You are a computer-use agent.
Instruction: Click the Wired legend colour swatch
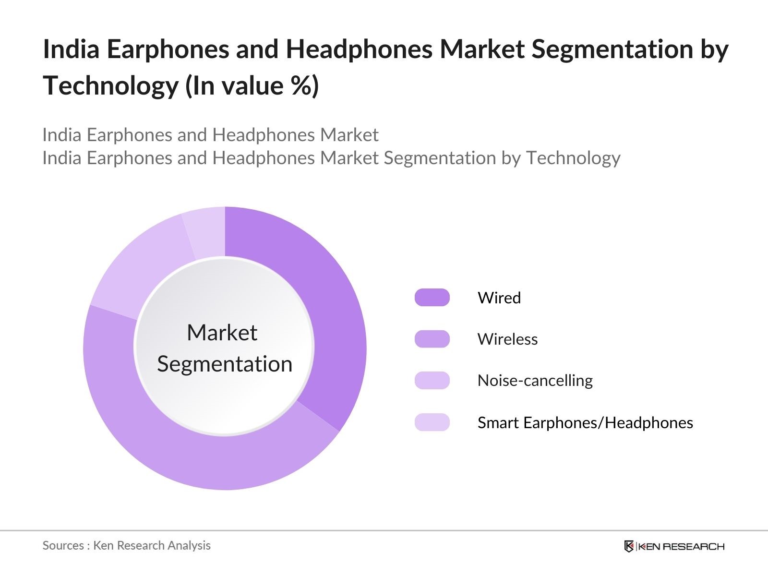tap(432, 298)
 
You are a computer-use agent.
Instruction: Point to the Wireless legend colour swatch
tap(432, 339)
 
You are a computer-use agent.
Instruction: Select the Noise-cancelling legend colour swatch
tap(432, 380)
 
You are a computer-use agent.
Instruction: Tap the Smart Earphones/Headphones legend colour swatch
tap(432, 422)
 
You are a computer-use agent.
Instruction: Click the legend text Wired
tap(499, 298)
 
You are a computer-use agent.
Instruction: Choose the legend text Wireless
tap(507, 339)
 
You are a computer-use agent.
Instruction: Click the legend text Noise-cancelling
tap(535, 380)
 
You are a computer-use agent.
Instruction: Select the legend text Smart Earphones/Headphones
tap(585, 422)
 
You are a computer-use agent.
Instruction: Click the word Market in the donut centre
tap(222, 332)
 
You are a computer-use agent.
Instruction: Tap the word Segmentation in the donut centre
tap(225, 364)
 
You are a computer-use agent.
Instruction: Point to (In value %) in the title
tap(252, 85)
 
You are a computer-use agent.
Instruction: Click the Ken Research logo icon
tap(629, 546)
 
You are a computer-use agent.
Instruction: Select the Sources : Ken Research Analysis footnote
tap(126, 545)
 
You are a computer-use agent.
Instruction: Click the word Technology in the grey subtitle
tap(573, 157)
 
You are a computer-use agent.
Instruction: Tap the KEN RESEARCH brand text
tap(682, 546)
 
